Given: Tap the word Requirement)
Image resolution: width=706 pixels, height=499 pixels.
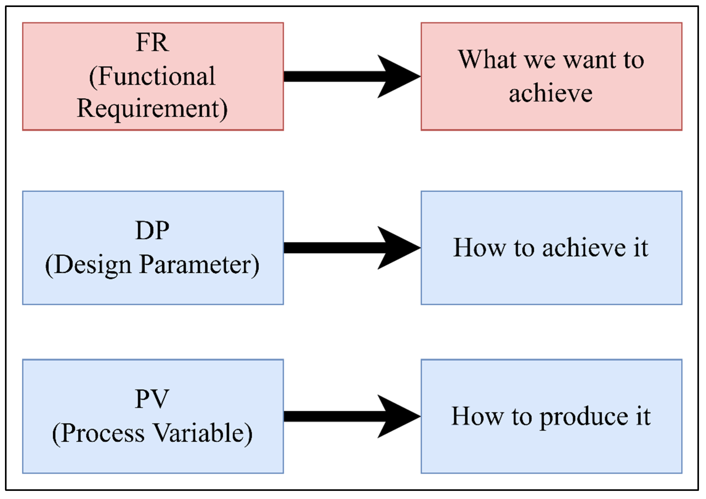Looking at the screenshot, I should (152, 109).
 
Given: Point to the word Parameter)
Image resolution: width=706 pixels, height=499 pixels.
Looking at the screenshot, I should (199, 265).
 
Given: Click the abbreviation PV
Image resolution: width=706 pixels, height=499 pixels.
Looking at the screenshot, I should (152, 399).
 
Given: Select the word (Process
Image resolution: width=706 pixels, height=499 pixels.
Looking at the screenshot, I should (98, 433).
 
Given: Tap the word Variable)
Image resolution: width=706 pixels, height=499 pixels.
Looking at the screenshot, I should (203, 433).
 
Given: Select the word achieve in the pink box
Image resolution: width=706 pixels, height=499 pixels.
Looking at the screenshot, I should (551, 94).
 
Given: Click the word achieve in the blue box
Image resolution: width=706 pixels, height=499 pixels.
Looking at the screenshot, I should (584, 248).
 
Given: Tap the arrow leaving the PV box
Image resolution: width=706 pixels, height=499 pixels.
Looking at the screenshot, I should (338, 417).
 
